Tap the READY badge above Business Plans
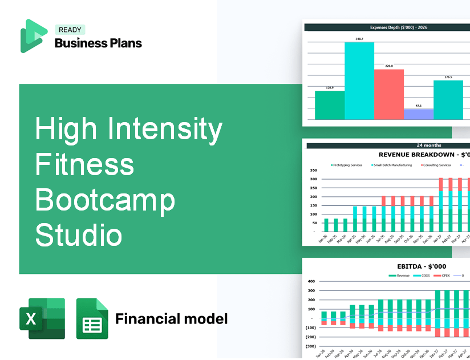click(70, 30)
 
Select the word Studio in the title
click(79, 235)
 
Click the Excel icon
click(42, 318)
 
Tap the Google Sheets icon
click(92, 318)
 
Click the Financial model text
click(171, 318)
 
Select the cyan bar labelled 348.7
click(359, 80)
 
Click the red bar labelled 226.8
click(389, 94)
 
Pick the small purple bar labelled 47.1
click(418, 114)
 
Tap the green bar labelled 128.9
click(330, 105)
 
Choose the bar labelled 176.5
click(448, 100)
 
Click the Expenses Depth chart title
click(386, 27)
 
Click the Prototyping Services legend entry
click(346, 165)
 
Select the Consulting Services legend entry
click(436, 165)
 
